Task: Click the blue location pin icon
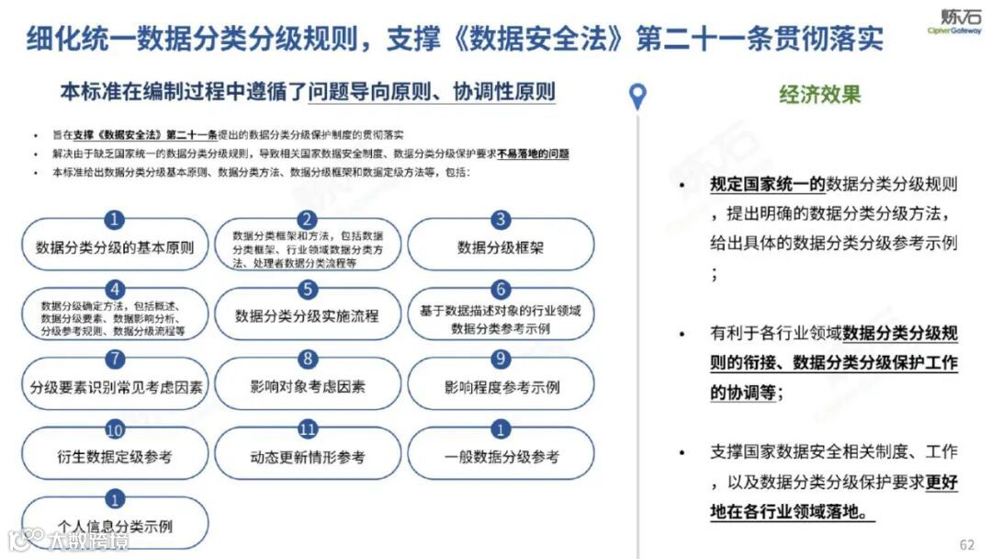(x=637, y=96)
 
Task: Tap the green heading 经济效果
(x=819, y=94)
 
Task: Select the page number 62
(x=966, y=544)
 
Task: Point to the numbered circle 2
(x=308, y=220)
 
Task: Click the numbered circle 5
(x=308, y=290)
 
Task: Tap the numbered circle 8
(x=308, y=359)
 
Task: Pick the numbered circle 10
(x=115, y=429)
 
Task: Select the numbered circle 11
(x=308, y=429)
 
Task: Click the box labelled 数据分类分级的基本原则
(x=115, y=247)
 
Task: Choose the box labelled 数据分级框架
(x=501, y=247)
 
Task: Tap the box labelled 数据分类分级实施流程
(x=308, y=316)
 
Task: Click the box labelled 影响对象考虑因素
(x=308, y=386)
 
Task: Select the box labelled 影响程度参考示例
(x=501, y=386)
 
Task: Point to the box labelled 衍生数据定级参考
(x=115, y=456)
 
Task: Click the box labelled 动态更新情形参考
(x=308, y=456)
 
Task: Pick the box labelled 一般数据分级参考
(x=501, y=456)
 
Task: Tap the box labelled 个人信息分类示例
(x=115, y=526)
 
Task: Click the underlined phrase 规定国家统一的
(x=767, y=184)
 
